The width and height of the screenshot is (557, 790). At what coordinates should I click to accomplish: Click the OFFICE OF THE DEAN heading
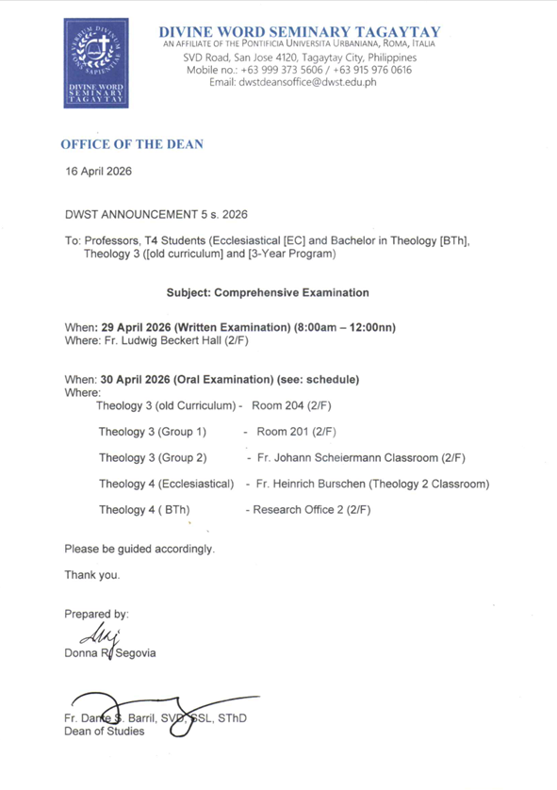click(x=132, y=144)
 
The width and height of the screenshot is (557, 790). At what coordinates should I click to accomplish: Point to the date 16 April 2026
click(x=98, y=173)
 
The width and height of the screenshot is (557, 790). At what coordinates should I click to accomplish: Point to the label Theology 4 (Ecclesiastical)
click(x=166, y=485)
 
